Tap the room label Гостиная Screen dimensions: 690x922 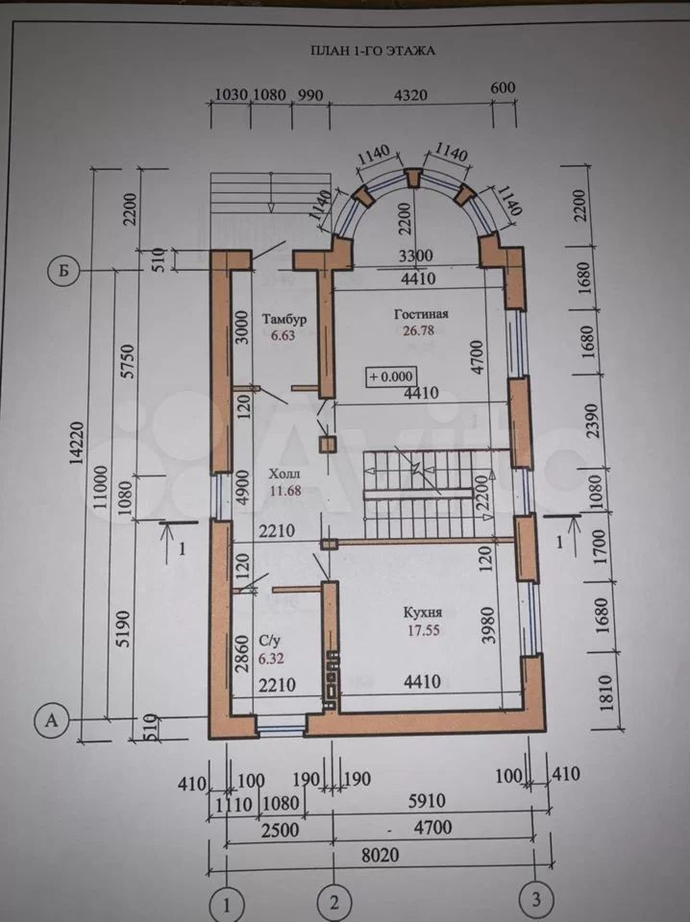point(422,314)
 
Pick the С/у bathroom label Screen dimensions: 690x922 point(270,638)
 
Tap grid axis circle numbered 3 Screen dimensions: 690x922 point(535,901)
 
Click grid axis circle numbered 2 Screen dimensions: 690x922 point(333,902)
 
